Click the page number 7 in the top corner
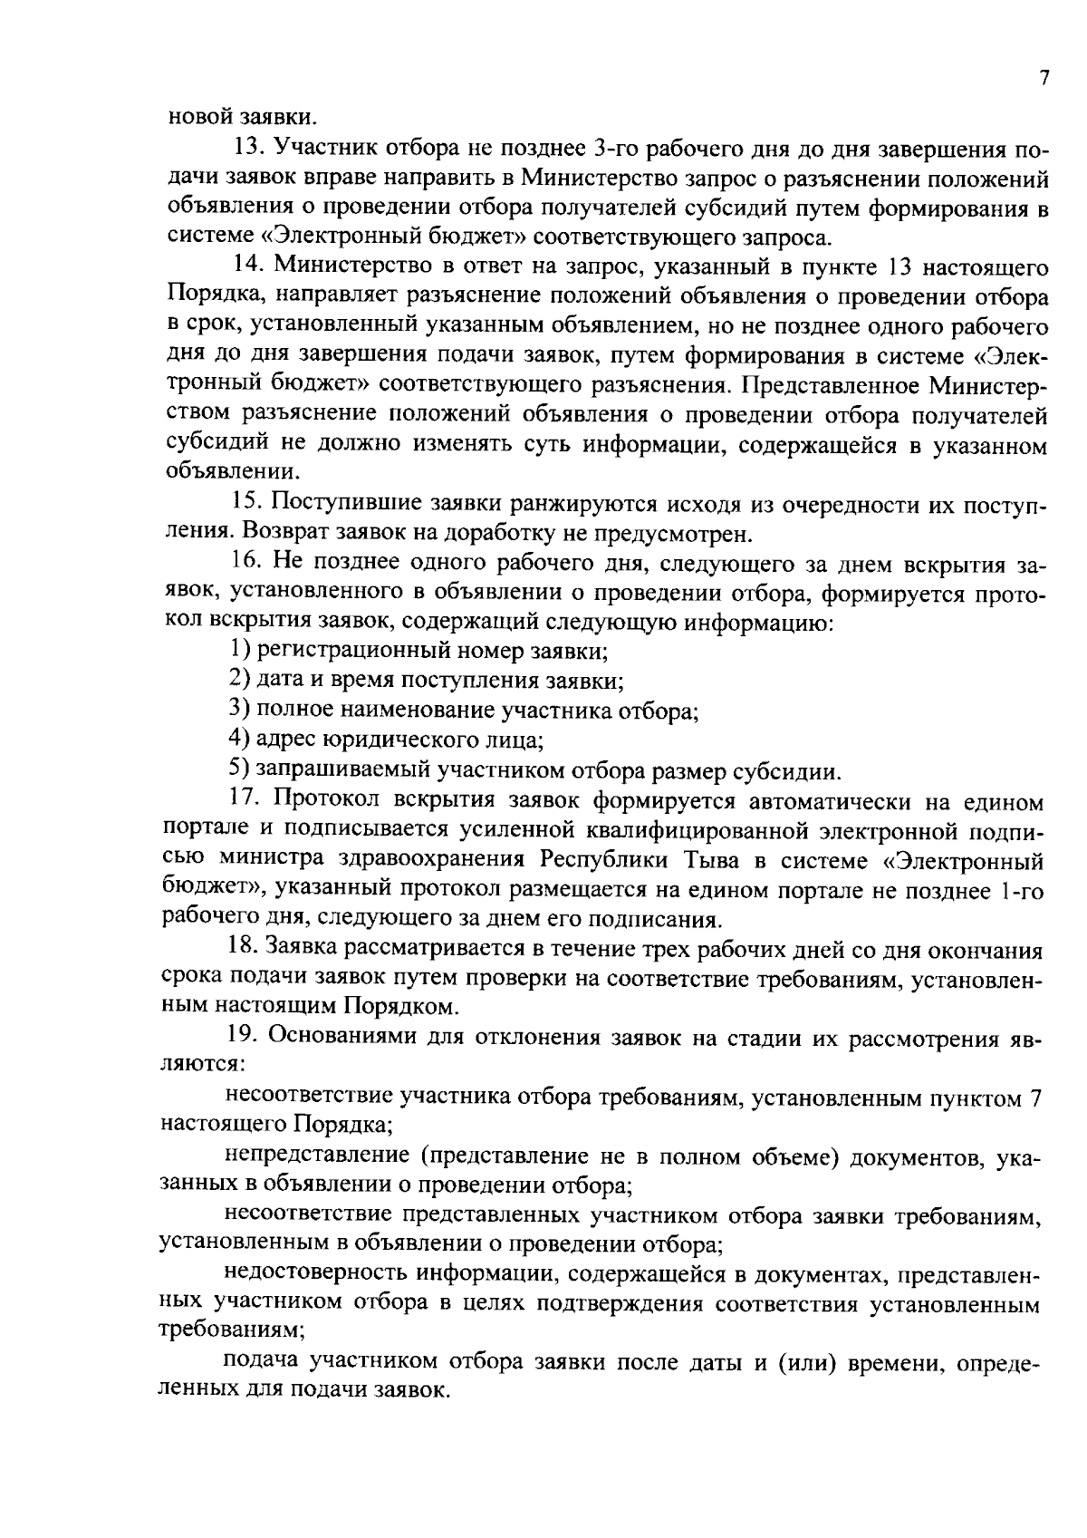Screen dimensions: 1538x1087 (x=1044, y=78)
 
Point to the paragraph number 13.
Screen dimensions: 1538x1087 (x=246, y=148)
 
